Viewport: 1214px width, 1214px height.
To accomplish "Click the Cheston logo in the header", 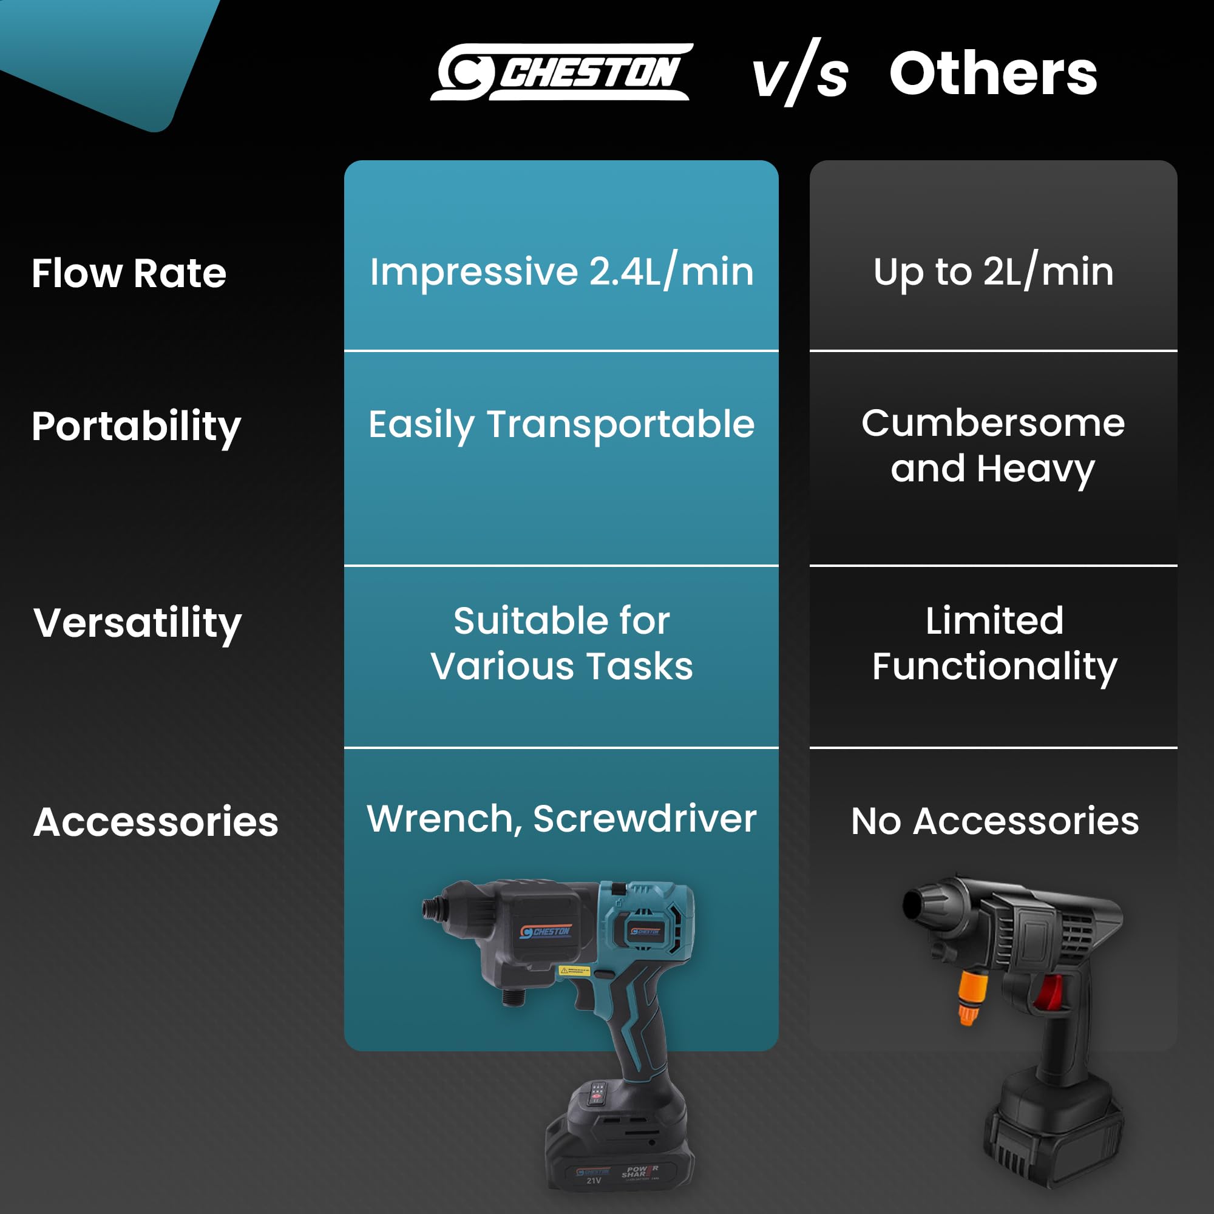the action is click(x=561, y=72).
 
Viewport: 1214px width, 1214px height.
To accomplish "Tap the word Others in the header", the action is click(x=993, y=74).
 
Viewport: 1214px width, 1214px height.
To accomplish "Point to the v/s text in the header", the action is click(x=801, y=73).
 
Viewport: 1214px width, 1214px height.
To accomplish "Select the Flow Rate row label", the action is click(x=129, y=273).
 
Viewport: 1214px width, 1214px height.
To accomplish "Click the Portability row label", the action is click(x=137, y=427).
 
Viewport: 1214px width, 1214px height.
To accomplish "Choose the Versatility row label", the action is click(x=138, y=624).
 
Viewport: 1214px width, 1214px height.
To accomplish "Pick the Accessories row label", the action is click(x=156, y=822).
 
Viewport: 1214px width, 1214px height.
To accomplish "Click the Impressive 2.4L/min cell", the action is click(x=561, y=271).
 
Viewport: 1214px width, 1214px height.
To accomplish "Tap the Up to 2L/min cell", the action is click(x=994, y=271).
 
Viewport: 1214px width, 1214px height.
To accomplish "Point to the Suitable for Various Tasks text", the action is click(x=561, y=643).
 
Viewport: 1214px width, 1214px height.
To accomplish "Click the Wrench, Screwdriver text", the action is click(x=561, y=819).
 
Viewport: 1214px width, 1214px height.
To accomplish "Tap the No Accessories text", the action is click(x=995, y=821).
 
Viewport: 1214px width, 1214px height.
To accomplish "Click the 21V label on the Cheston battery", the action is click(x=594, y=1181).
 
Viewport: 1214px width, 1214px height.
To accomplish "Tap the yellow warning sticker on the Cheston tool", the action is click(x=574, y=971).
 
